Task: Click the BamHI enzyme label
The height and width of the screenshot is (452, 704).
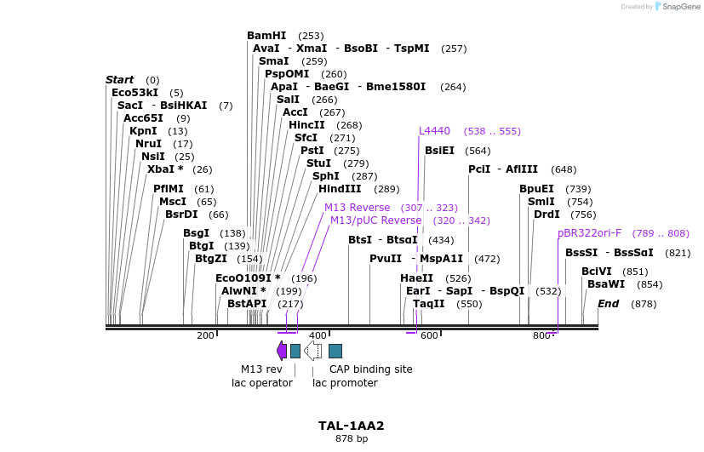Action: pos(266,36)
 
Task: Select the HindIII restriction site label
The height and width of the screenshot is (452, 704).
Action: pos(341,189)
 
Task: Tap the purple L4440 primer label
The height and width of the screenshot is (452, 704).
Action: pos(434,131)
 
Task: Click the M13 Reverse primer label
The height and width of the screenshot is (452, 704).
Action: pos(357,208)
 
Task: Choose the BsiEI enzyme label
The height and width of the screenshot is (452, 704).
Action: pos(440,151)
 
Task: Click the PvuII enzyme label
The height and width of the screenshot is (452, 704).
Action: pos(385,259)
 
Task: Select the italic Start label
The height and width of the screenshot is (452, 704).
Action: pos(120,80)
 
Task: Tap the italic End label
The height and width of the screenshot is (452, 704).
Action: pos(608,304)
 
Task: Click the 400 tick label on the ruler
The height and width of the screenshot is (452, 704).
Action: pos(318,335)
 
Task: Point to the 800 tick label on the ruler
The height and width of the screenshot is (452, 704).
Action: pos(541,335)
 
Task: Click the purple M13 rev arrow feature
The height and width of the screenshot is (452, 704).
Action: pos(282,350)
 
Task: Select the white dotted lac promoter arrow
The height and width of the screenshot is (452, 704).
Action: pos(312,350)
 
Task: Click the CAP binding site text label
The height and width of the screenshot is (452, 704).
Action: pos(370,369)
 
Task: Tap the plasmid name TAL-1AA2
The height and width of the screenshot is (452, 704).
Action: pos(352,426)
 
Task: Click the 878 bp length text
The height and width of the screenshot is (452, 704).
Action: pos(352,439)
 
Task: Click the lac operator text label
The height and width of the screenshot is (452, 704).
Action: pos(262,383)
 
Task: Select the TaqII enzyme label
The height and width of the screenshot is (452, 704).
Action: pos(428,304)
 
